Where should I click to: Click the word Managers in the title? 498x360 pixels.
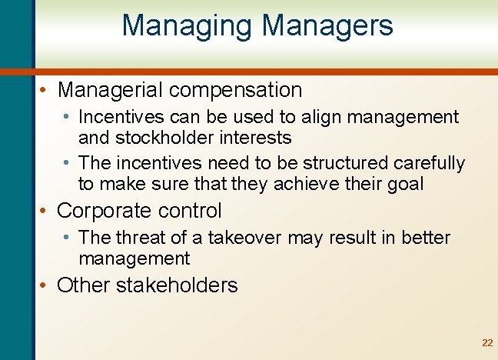pos(327,25)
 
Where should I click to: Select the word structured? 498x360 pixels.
pos(347,164)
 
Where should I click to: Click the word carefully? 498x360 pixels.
pos(430,164)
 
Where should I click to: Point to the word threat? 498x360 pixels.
pos(138,238)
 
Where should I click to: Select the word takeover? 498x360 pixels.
pos(254,238)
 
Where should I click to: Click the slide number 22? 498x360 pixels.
pos(486,343)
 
